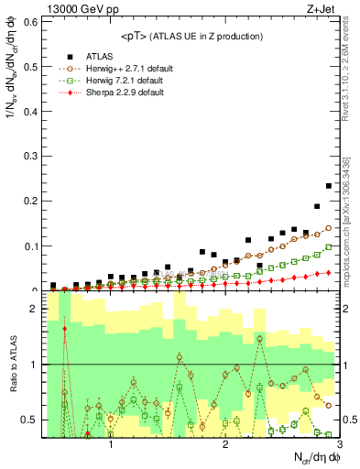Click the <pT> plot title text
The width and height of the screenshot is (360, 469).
pyautogui.click(x=191, y=36)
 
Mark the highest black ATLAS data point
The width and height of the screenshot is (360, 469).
pyautogui.click(x=329, y=186)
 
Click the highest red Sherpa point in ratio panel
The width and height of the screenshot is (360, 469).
pyautogui.click(x=64, y=327)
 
